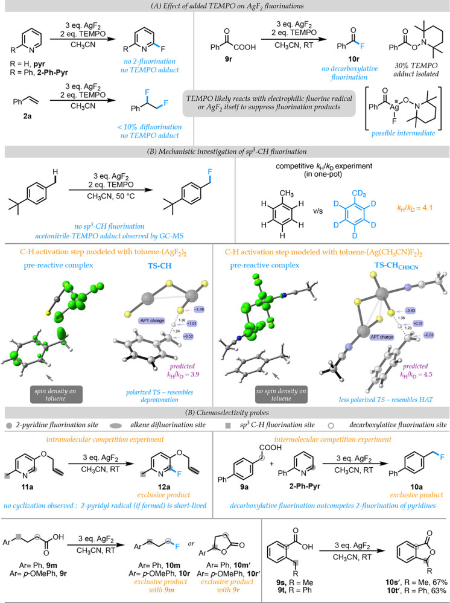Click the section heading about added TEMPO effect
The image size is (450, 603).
coord(225,8)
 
